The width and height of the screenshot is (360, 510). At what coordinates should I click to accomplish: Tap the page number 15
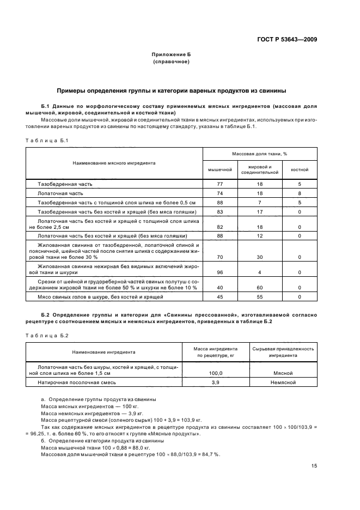(x=314, y=465)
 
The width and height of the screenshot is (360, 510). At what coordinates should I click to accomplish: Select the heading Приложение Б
(x=171, y=55)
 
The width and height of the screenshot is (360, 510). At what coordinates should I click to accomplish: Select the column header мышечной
(x=220, y=169)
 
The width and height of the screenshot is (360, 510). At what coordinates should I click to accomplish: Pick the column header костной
(x=300, y=169)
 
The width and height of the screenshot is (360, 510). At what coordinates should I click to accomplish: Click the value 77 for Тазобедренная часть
(x=220, y=184)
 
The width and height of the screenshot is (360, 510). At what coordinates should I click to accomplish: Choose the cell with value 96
(x=220, y=272)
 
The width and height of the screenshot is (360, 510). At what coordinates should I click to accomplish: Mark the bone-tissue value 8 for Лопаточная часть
(x=300, y=193)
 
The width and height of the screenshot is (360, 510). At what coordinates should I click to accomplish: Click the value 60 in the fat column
(x=260, y=287)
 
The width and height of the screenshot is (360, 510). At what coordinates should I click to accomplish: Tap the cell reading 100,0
(x=216, y=373)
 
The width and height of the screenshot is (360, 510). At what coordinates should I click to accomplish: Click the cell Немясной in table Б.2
(x=282, y=382)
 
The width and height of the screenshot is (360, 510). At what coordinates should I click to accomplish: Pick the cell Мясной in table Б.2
(x=282, y=373)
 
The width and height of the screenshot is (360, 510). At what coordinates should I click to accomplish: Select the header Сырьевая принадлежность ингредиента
(x=282, y=351)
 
